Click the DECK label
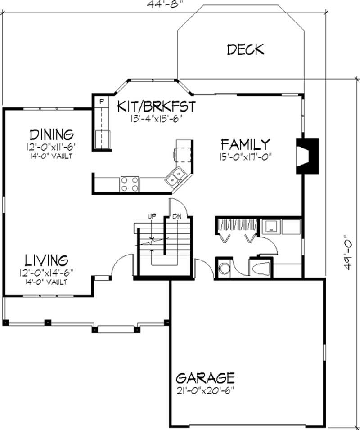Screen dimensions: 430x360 click(245, 49)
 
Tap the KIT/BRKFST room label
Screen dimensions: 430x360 click(157, 107)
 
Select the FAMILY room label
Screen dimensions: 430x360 click(246, 144)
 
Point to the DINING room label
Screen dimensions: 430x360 click(52, 134)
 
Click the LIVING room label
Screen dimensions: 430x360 click(46, 260)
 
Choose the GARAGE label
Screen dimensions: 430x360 click(205, 376)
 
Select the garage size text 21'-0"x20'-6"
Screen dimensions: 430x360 click(205, 388)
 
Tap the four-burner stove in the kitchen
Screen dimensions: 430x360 click(130, 184)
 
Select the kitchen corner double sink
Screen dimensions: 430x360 click(175, 176)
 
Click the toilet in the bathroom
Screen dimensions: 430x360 click(261, 269)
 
